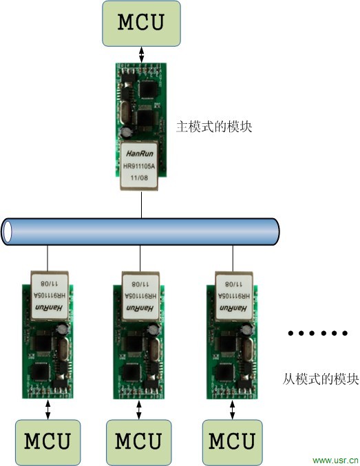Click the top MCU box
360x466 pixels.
(141, 22)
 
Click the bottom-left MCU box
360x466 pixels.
(47, 441)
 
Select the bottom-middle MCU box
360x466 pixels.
(138, 441)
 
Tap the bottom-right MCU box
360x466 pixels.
(231, 441)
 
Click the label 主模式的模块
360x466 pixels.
(210, 126)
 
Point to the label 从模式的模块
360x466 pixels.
(321, 379)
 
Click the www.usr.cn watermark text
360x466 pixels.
(335, 459)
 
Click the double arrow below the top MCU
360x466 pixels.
(141, 53)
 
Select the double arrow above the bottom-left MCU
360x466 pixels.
(47, 410)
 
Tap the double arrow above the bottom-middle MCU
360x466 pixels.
(138, 410)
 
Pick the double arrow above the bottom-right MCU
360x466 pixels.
(231, 410)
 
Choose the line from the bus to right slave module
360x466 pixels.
(231, 257)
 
